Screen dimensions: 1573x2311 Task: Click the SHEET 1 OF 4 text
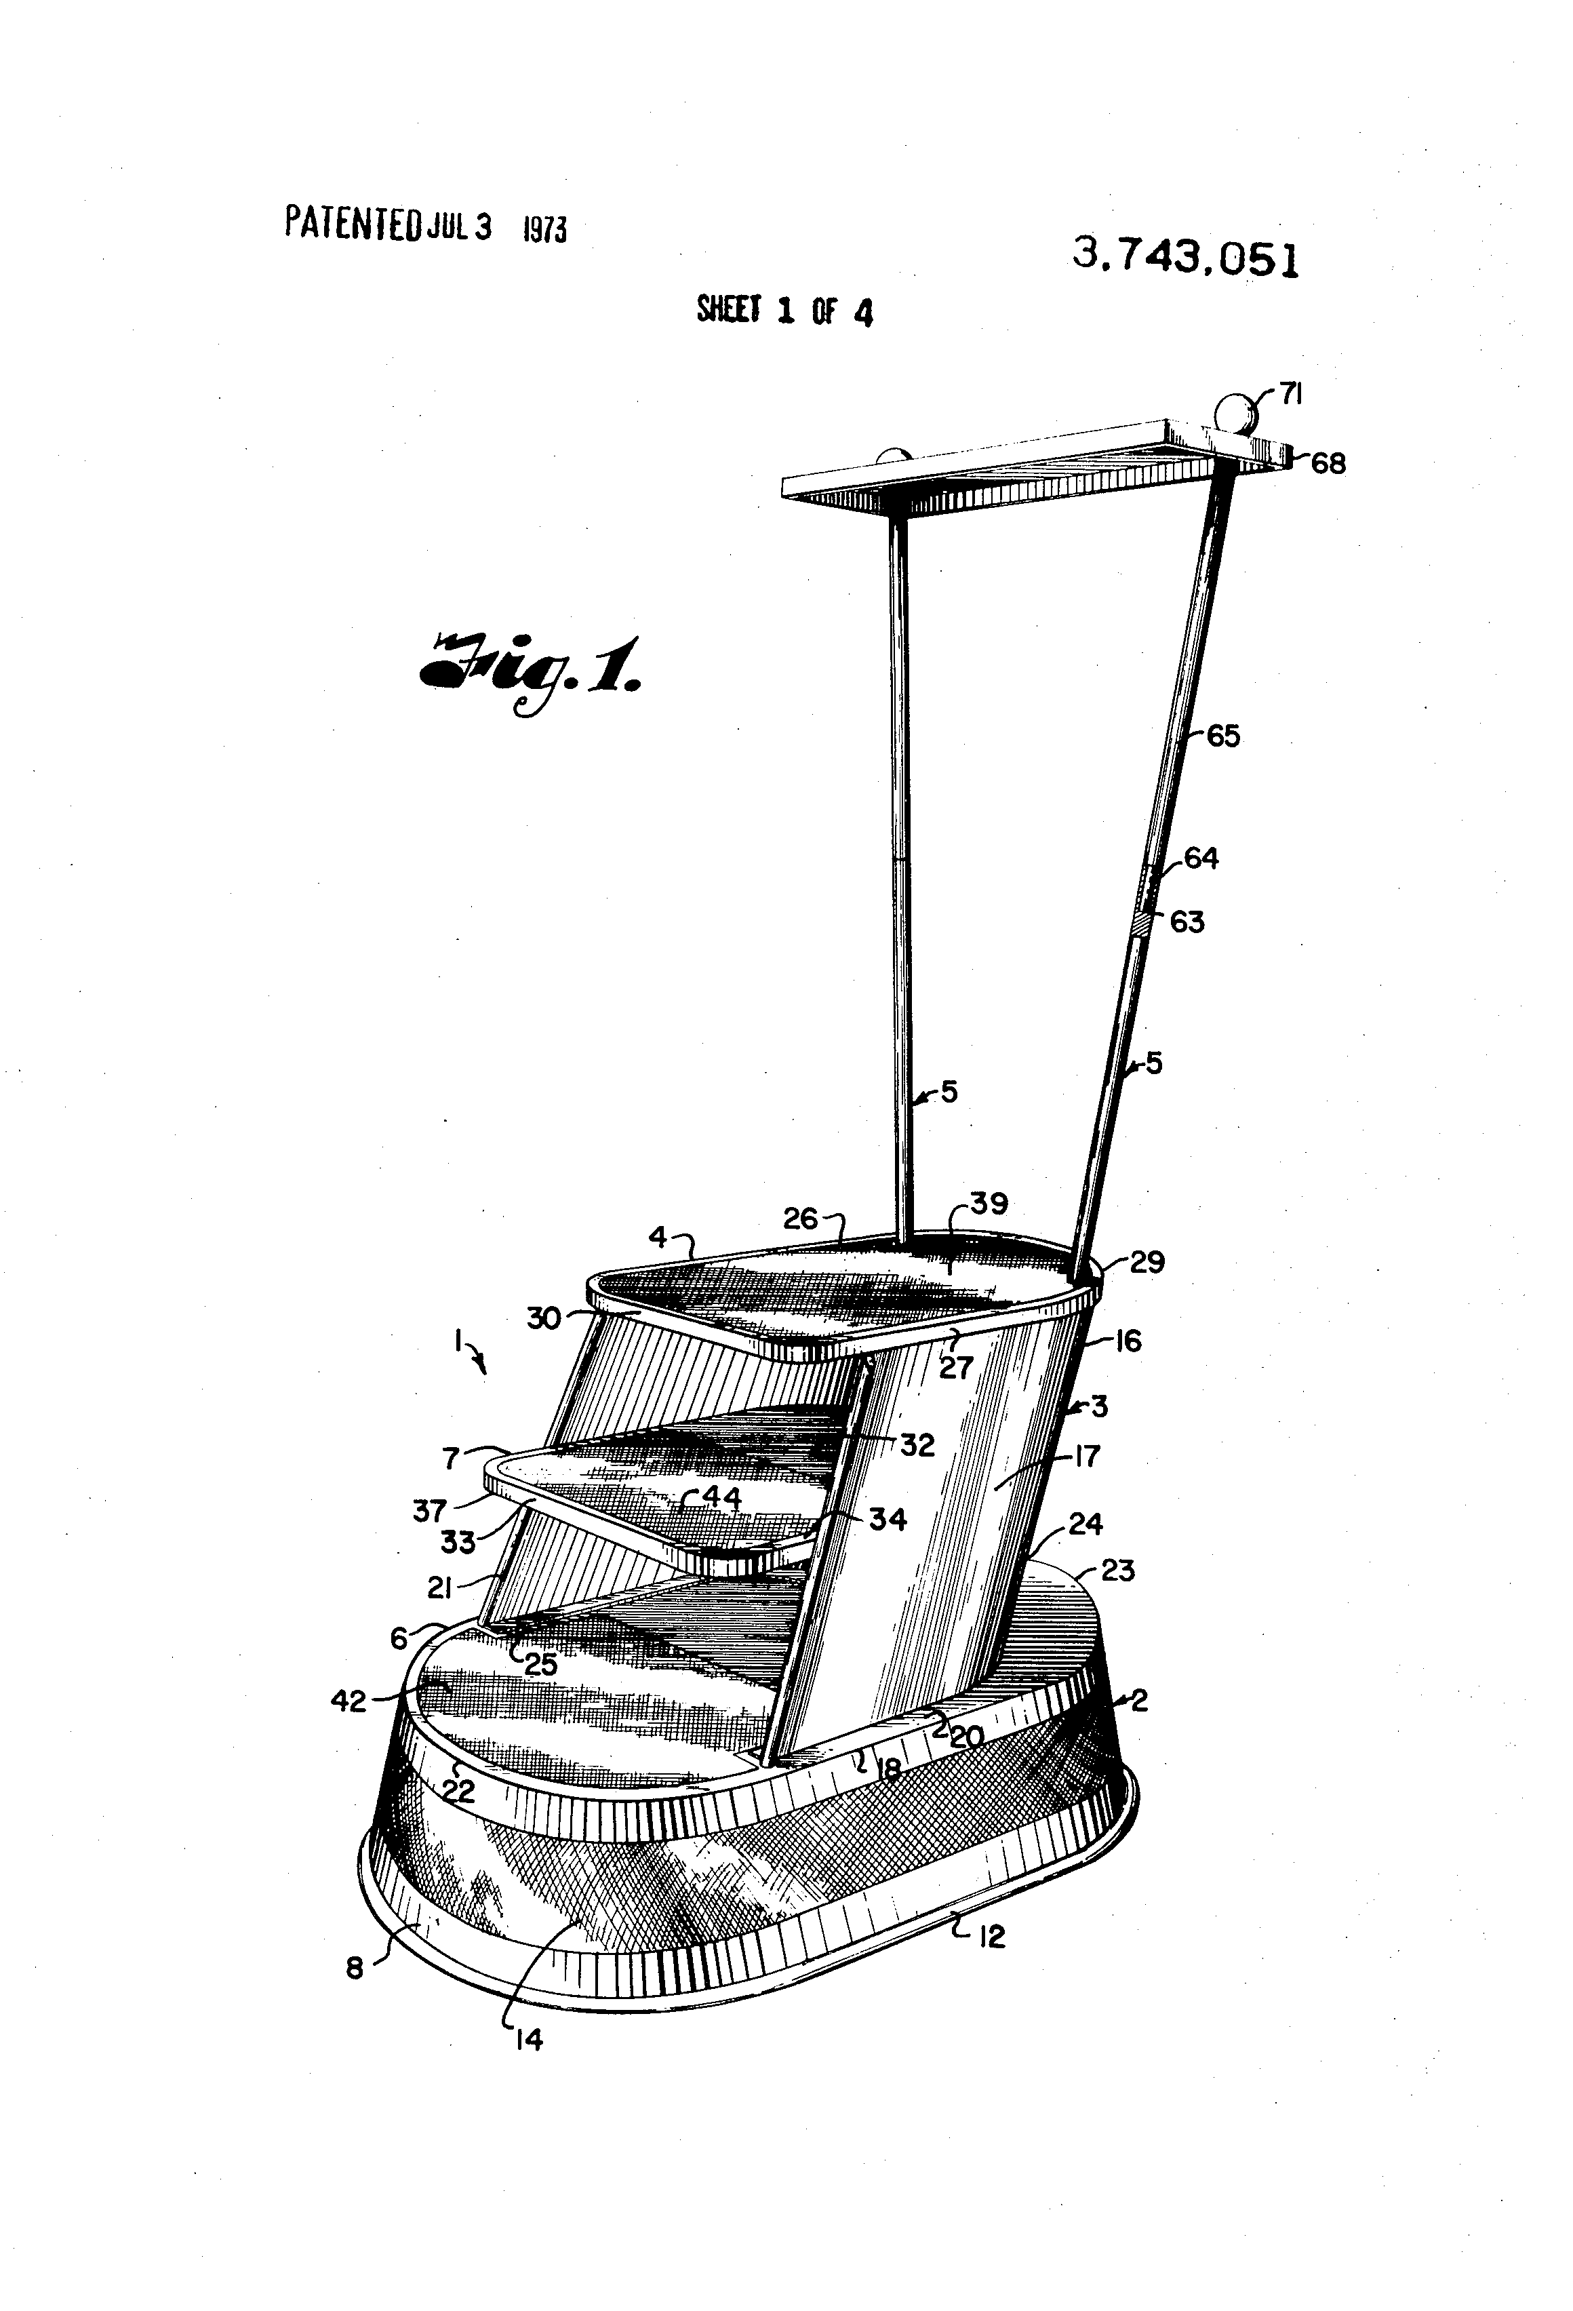click(x=784, y=311)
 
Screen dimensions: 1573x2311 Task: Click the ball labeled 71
click(x=1235, y=414)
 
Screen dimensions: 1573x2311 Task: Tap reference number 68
click(x=1328, y=463)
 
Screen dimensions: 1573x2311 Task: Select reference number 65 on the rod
click(x=1223, y=737)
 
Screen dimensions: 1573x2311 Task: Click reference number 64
click(x=1201, y=858)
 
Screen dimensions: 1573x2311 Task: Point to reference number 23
click(x=1117, y=1571)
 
